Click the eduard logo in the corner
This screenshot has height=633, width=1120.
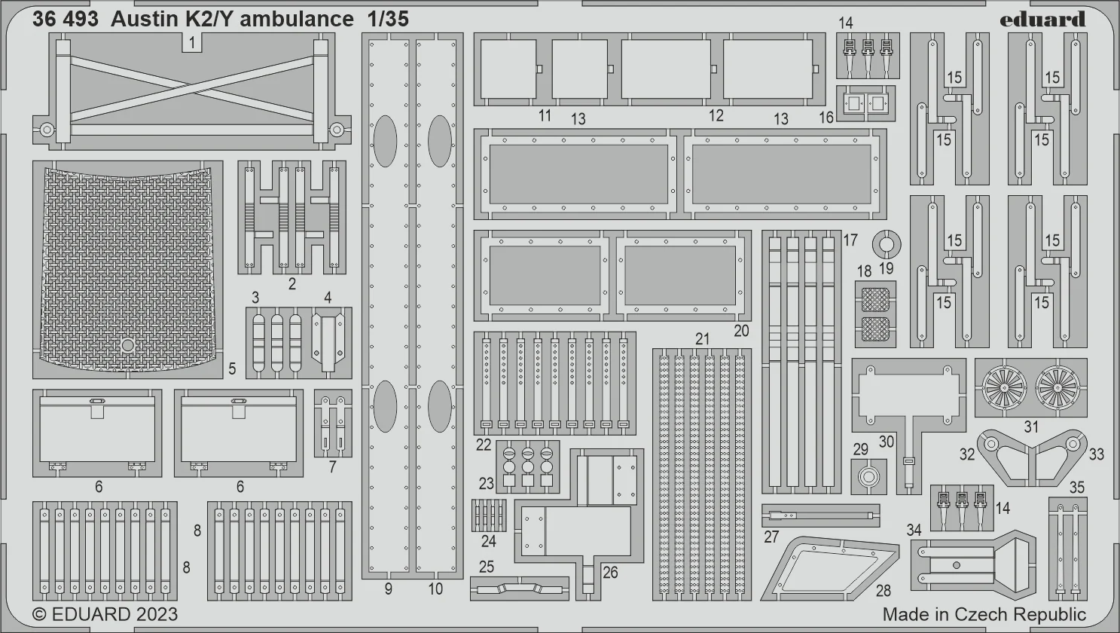click(x=1042, y=20)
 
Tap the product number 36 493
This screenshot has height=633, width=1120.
click(x=66, y=20)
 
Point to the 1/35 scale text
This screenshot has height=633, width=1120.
click(x=388, y=20)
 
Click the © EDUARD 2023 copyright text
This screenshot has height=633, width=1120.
click(x=105, y=614)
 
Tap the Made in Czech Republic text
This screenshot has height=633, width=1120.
click(x=984, y=614)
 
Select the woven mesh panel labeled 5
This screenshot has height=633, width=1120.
click(x=128, y=269)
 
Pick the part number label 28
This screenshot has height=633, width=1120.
click(x=883, y=591)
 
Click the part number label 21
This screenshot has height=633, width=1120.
click(x=703, y=339)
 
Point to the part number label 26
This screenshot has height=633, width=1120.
click(x=610, y=573)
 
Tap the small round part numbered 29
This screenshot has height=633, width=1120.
click(x=868, y=476)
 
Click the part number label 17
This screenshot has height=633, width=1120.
click(x=850, y=240)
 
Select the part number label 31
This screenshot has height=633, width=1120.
click(x=1031, y=427)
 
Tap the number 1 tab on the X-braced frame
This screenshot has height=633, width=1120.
click(x=192, y=43)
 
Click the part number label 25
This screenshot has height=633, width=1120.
click(x=487, y=567)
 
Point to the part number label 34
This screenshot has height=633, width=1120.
click(x=914, y=530)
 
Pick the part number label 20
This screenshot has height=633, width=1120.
click(x=741, y=331)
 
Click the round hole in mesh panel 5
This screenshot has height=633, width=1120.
click(x=127, y=345)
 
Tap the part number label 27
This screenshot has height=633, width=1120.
click(x=771, y=537)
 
